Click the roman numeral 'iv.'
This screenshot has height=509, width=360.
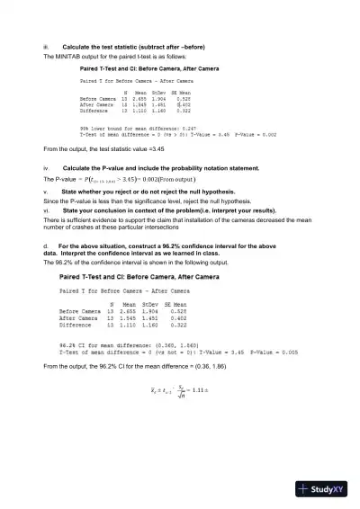[46, 168]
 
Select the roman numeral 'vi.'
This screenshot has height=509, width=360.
[46, 210]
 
